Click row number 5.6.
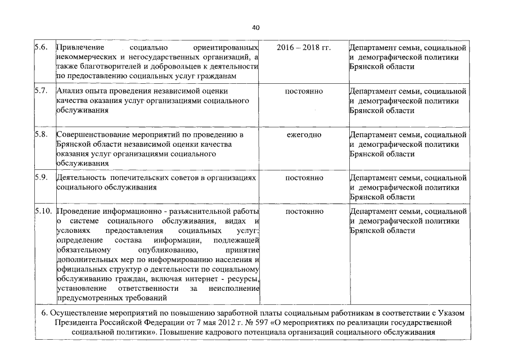40,48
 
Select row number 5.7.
40,91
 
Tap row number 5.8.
40,135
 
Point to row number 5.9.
40,178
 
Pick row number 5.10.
42,211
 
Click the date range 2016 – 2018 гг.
304,48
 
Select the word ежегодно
304,135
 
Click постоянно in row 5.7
304,91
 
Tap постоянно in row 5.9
304,178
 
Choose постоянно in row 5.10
304,211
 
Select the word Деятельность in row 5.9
82,178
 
